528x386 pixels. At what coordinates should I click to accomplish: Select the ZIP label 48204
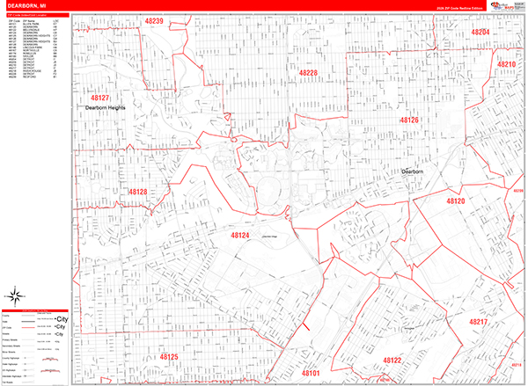click(x=480, y=32)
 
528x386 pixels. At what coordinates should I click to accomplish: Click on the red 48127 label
click(x=99, y=98)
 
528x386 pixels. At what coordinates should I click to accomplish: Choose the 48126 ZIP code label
click(x=409, y=119)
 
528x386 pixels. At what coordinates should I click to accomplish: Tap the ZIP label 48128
click(x=136, y=191)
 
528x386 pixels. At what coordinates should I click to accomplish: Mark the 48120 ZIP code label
click(x=456, y=201)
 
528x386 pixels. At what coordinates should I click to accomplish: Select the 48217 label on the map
click(x=478, y=323)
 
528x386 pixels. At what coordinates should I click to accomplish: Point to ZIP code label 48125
click(x=168, y=357)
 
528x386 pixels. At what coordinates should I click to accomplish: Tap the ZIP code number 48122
click(x=392, y=361)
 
